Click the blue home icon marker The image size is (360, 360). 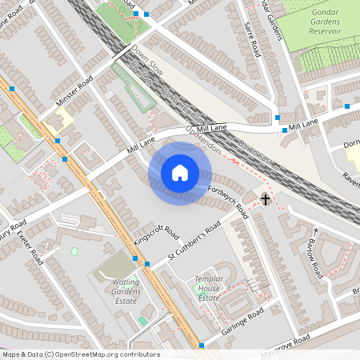coord(180,173)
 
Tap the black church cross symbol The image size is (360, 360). coord(266,198)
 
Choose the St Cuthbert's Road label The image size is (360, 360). coord(194,242)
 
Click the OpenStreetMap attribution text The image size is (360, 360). coord(80,354)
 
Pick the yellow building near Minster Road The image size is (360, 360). coord(61,120)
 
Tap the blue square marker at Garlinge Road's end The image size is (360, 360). coord(202,346)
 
